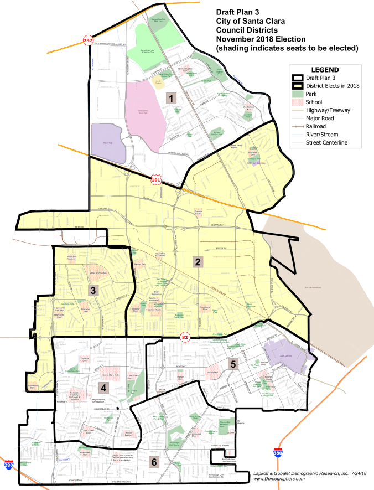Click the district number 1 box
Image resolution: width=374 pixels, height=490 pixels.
pos(172,99)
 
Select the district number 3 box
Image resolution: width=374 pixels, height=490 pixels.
pos(94,290)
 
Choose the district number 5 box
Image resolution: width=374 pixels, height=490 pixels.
pos(233,364)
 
